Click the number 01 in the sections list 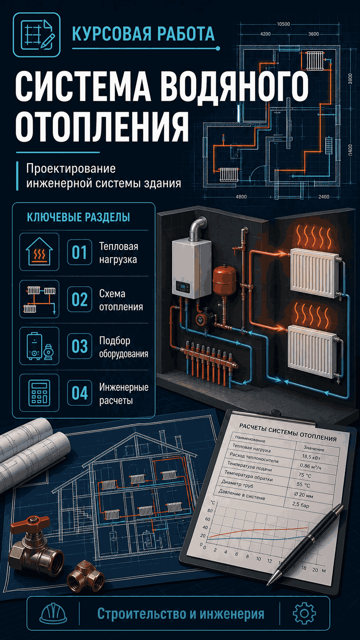(x=79, y=253)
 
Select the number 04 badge (x=79, y=393)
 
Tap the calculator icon (x=39, y=393)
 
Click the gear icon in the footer (x=304, y=613)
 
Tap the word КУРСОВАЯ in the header (x=111, y=34)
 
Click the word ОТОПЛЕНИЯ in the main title (x=102, y=126)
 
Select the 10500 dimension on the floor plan (x=283, y=24)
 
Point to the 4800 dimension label (x=241, y=197)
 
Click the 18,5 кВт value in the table (x=311, y=457)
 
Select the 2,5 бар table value (x=300, y=504)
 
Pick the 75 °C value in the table (x=305, y=475)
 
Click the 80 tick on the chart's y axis (x=210, y=511)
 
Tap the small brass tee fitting (x=86, y=575)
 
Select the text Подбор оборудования (x=124, y=347)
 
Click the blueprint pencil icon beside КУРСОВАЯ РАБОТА (x=37, y=35)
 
